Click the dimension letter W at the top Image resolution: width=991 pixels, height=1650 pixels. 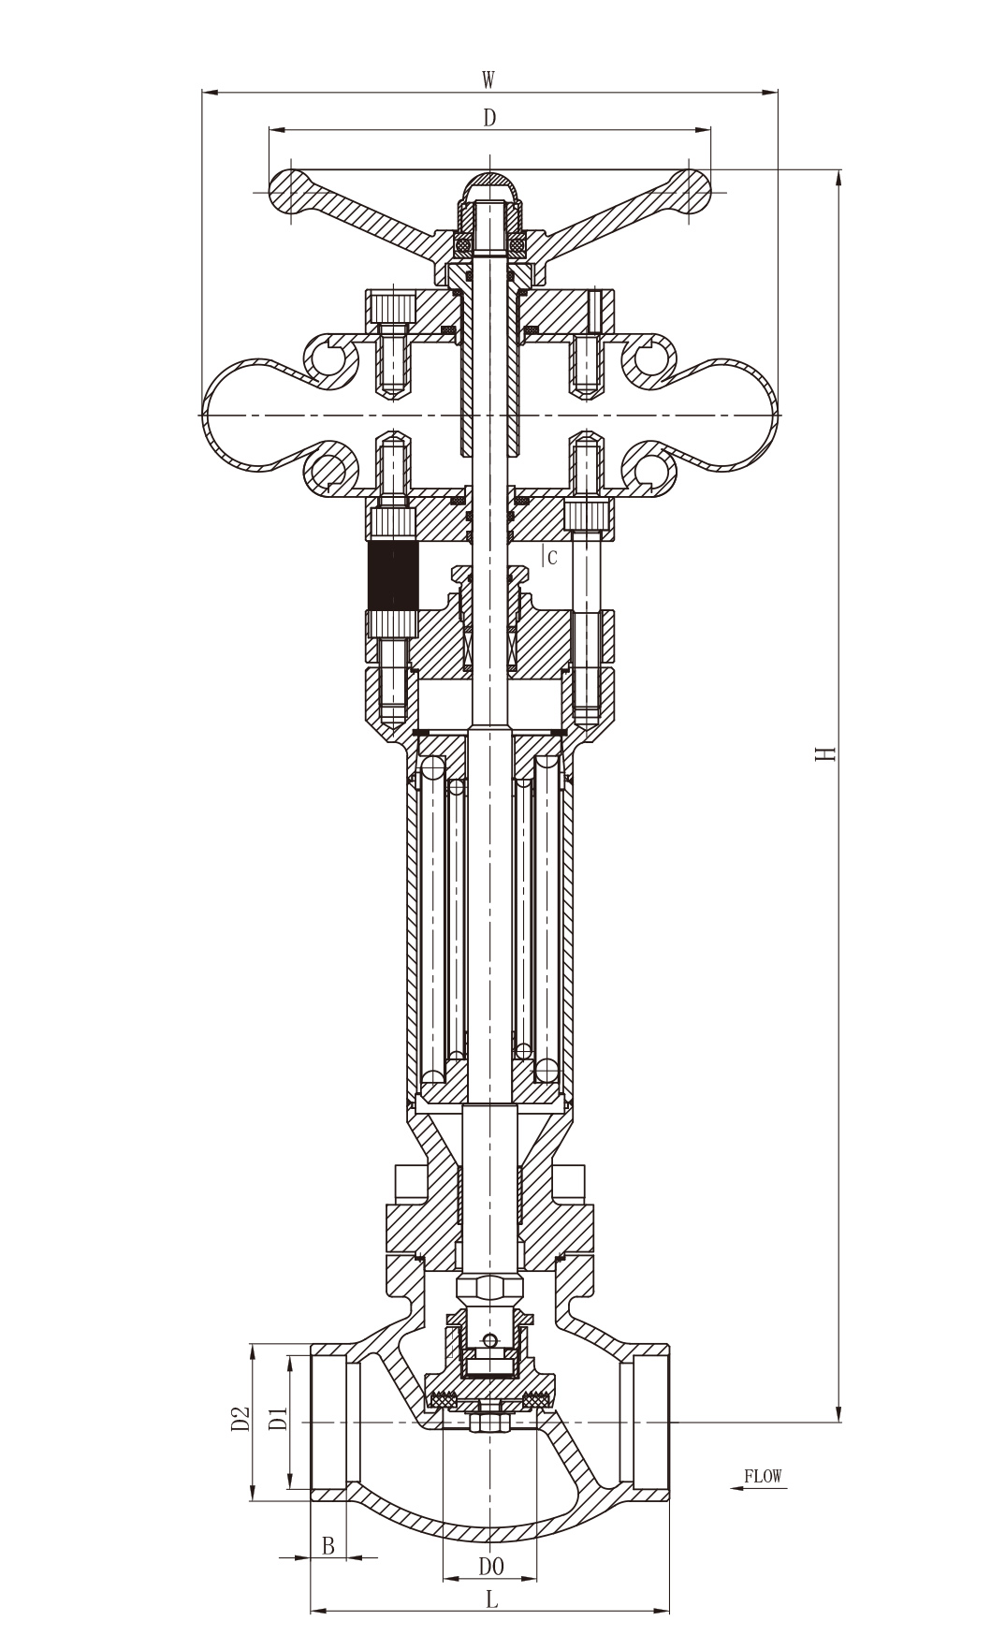point(488,80)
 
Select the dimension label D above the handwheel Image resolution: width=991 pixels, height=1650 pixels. point(488,118)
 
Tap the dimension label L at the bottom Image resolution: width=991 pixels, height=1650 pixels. point(491,1601)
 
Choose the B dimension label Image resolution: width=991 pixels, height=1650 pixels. point(328,1546)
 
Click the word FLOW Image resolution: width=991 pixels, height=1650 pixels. point(763,1476)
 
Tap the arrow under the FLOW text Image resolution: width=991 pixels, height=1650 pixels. point(756,1488)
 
